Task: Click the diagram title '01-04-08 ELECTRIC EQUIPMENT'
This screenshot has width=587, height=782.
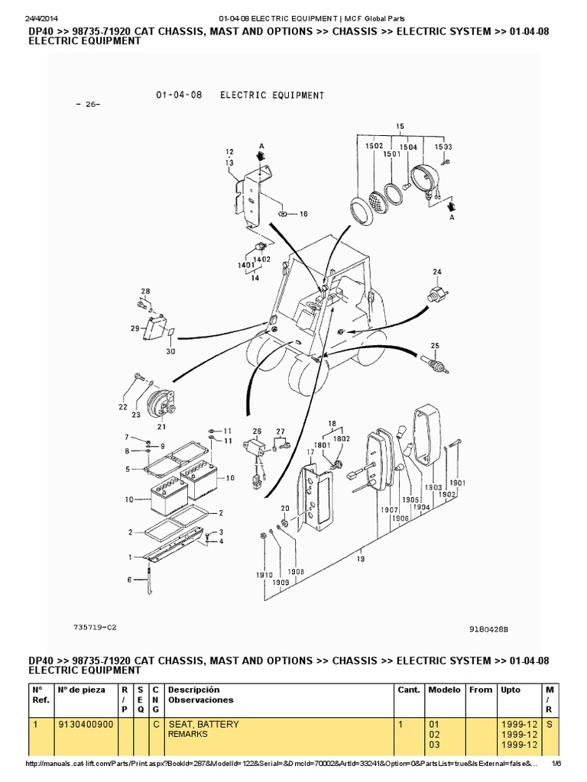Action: [235, 95]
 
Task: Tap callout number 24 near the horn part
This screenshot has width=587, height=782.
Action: [437, 271]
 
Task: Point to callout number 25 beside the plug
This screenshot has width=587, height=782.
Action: [435, 346]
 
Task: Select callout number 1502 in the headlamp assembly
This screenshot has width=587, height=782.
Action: [374, 147]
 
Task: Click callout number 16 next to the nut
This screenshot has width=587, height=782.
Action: [303, 215]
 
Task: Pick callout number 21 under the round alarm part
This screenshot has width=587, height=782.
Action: [161, 426]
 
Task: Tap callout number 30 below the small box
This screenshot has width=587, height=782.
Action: [170, 351]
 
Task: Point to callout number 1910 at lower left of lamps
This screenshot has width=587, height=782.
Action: [265, 574]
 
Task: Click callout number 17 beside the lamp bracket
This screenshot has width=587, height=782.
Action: [310, 453]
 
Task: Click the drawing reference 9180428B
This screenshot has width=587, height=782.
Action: [488, 630]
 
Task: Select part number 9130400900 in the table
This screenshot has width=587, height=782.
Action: [85, 724]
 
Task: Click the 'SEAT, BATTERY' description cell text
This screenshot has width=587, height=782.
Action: [203, 724]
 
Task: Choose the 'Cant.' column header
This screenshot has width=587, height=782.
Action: [409, 690]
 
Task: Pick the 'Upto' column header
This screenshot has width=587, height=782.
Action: [510, 690]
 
